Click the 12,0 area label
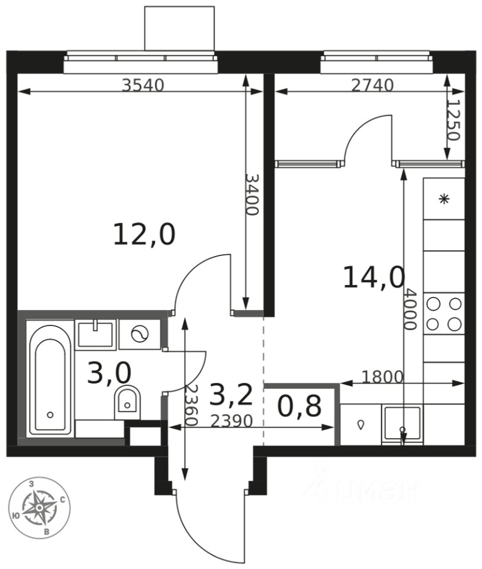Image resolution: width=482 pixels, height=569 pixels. (x=145, y=235)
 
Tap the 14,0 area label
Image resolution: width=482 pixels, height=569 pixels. (x=374, y=277)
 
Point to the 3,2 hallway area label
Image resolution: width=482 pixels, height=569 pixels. (x=231, y=395)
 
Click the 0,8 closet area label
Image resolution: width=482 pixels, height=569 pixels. (x=299, y=406)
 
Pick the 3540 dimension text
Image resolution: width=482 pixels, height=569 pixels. (x=143, y=85)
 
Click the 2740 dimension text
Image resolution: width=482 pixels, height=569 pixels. (x=373, y=85)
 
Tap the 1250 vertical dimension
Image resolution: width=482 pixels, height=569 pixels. (x=454, y=120)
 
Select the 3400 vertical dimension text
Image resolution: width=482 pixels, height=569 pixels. (x=251, y=194)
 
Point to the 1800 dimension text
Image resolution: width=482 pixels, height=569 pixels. (x=382, y=378)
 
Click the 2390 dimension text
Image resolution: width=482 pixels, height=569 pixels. (x=232, y=421)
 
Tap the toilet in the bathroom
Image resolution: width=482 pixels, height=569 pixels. (x=127, y=404)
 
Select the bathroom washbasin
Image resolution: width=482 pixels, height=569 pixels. (x=95, y=334)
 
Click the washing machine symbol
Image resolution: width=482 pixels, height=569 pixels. (x=140, y=334)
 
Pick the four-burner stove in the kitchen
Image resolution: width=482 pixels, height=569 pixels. (x=444, y=314)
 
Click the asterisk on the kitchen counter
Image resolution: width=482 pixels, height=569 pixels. (x=444, y=199)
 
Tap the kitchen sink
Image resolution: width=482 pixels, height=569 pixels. (x=403, y=424)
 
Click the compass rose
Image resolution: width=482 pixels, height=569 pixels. (x=39, y=507)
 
